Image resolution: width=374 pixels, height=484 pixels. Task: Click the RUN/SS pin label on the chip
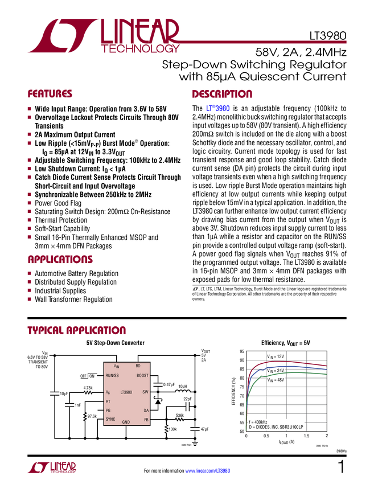[112, 376]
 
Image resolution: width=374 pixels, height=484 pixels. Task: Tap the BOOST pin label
[142, 376]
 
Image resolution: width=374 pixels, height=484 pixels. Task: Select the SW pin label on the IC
[145, 392]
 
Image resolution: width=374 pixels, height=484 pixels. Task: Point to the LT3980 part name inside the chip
[127, 392]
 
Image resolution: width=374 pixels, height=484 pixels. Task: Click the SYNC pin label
[110, 419]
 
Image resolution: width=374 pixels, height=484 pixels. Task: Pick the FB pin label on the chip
[146, 420]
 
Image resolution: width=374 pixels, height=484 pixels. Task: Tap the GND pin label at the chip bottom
[126, 423]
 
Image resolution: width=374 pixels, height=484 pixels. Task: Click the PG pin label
[108, 410]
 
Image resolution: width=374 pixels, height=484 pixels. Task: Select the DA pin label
[146, 410]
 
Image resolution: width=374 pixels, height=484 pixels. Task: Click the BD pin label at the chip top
[138, 366]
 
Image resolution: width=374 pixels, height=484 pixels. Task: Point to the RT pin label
[108, 401]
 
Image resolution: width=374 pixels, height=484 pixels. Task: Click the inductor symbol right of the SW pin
[182, 392]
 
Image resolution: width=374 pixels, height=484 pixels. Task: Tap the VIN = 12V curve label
[275, 356]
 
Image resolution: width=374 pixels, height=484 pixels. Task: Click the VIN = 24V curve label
[276, 371]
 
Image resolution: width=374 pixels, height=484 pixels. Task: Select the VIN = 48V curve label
[276, 379]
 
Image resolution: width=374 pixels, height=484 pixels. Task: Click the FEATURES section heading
[50, 95]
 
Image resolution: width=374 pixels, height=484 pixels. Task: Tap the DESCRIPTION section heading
[222, 95]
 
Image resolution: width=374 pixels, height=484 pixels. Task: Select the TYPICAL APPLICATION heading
[76, 330]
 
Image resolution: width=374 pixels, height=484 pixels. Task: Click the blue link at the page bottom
[208, 471]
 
